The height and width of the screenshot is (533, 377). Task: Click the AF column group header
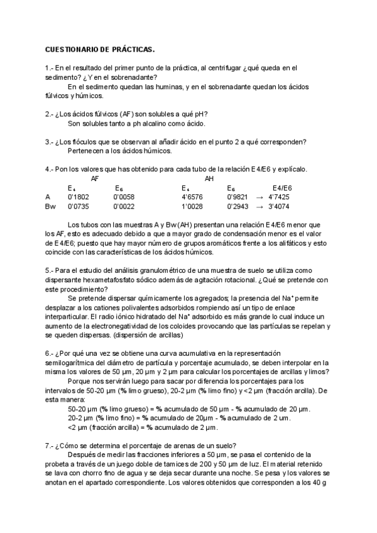coord(95,179)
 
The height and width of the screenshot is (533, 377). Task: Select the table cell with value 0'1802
coord(78,197)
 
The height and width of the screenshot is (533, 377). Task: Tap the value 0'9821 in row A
coord(238,197)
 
